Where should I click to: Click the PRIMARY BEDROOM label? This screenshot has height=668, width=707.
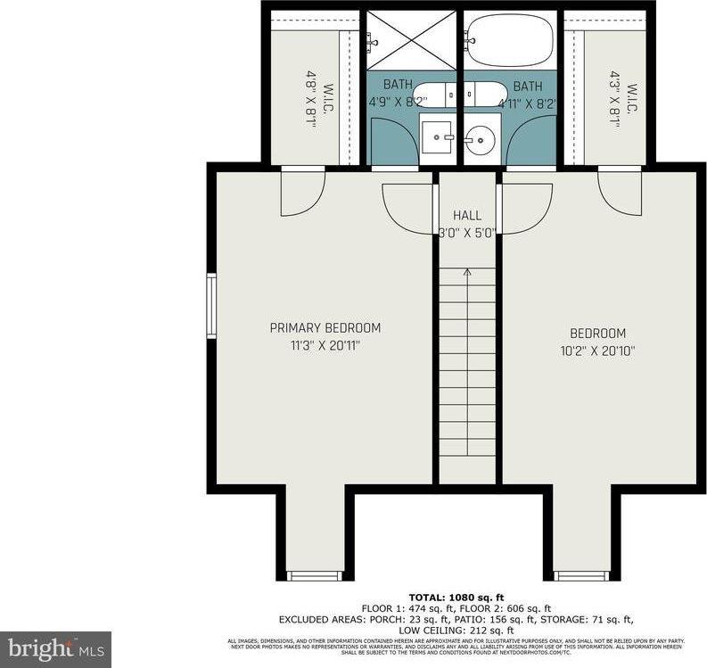[x=325, y=327]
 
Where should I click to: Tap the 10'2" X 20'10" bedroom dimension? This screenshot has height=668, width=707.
[x=593, y=350]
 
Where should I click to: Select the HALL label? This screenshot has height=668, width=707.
[x=466, y=216]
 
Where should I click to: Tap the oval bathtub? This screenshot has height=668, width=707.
[x=510, y=40]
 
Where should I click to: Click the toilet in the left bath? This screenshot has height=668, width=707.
[x=435, y=92]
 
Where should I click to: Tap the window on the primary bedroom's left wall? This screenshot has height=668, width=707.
[x=211, y=306]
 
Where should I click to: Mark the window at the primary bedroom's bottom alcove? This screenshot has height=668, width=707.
[x=315, y=575]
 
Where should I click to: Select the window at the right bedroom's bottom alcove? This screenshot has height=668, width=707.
[x=581, y=575]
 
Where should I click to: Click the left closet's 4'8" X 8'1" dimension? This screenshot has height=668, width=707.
[x=311, y=98]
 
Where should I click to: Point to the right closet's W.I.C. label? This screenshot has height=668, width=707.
[x=631, y=98]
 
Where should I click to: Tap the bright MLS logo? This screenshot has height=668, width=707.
[x=55, y=648]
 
